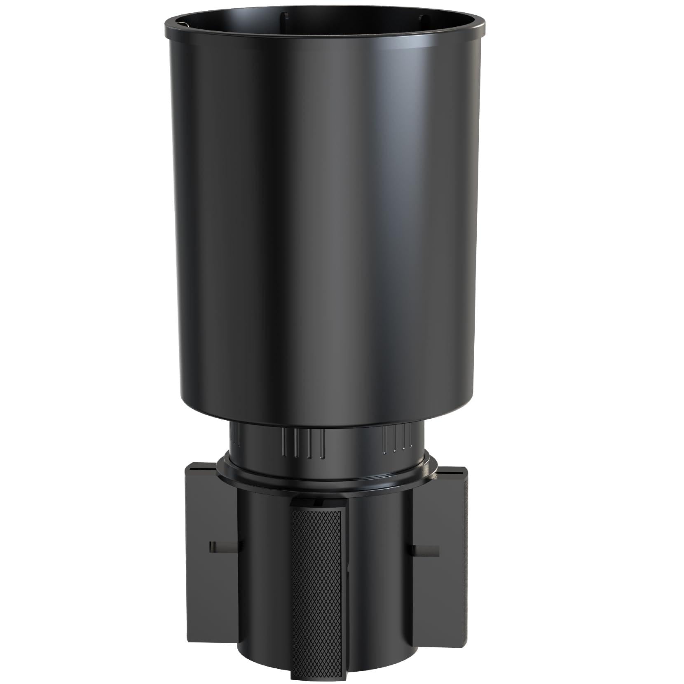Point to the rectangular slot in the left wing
point(223,546)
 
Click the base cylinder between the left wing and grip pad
point(264,577)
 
